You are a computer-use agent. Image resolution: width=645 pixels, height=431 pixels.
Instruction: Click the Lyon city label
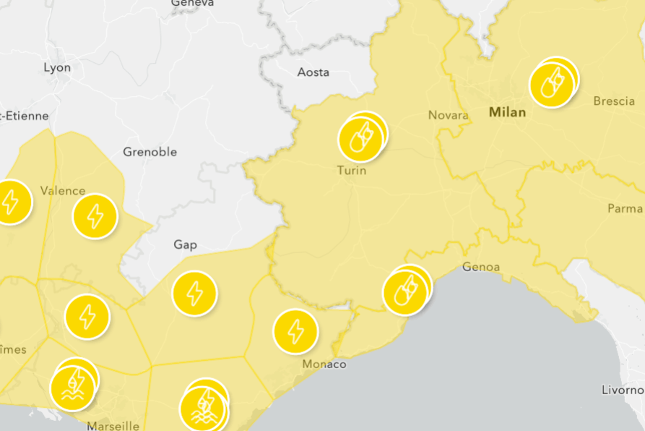click(57, 68)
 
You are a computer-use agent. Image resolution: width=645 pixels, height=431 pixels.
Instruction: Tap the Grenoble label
click(150, 152)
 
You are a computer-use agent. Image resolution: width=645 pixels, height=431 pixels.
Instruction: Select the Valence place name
click(63, 191)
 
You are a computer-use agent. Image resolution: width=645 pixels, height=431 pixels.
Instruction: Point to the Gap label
click(185, 244)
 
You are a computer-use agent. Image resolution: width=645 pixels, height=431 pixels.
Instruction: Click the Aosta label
click(313, 72)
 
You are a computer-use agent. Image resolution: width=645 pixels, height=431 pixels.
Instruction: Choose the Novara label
click(448, 115)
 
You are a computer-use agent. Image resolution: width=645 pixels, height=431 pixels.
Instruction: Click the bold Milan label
click(507, 113)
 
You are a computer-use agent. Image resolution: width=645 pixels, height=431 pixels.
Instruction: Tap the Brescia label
click(613, 101)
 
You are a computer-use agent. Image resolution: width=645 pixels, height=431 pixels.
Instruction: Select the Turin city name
click(352, 171)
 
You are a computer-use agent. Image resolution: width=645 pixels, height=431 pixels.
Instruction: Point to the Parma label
click(624, 208)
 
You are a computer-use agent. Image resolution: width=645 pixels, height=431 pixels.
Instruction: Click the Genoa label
click(480, 267)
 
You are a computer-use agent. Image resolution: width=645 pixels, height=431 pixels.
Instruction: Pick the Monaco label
click(324, 364)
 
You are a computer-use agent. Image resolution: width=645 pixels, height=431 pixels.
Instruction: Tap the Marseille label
click(113, 425)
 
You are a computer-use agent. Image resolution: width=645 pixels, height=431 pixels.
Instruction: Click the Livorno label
click(622, 390)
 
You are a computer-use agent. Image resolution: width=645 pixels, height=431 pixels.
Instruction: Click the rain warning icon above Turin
click(360, 138)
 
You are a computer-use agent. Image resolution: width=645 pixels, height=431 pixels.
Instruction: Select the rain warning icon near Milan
click(551, 84)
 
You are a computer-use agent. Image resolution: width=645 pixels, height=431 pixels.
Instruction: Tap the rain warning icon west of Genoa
click(405, 291)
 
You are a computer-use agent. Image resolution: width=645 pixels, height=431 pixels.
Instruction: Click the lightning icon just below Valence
click(95, 216)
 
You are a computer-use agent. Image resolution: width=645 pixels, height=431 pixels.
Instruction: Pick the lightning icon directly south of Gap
click(194, 294)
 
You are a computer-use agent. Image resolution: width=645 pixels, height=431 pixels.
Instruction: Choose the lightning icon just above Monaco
click(295, 331)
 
